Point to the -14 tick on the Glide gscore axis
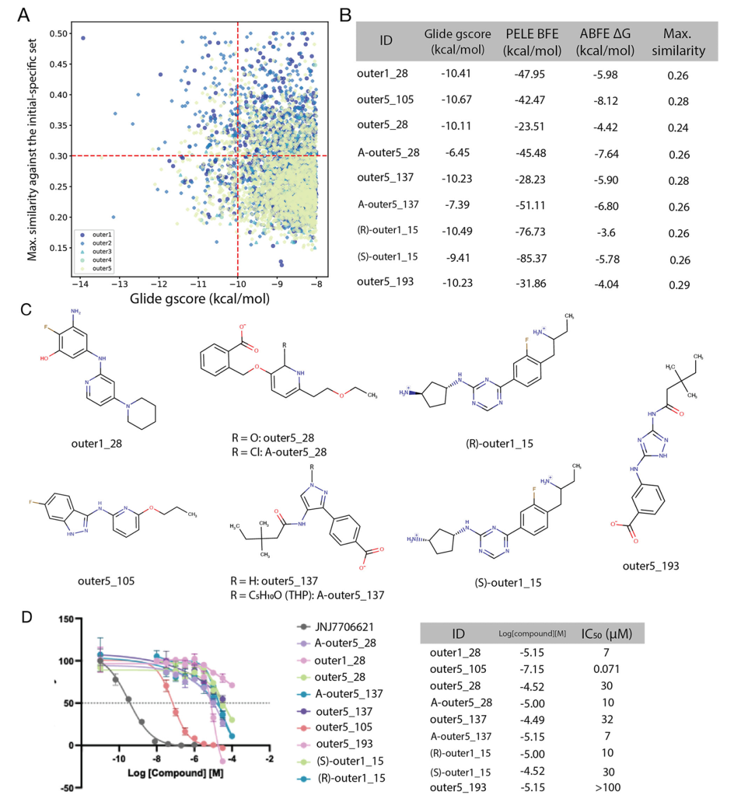point(80,284)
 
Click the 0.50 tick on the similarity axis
point(59,34)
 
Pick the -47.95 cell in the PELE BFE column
point(529,74)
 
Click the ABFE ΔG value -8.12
point(605,101)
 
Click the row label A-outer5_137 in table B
point(388,205)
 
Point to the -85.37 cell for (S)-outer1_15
point(530,258)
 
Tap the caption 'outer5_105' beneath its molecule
point(106,581)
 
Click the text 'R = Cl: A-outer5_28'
point(279,452)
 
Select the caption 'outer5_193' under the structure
point(650,566)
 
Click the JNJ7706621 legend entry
point(343,627)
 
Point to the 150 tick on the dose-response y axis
point(65,619)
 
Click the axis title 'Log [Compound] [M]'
point(175,773)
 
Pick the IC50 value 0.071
point(606,669)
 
